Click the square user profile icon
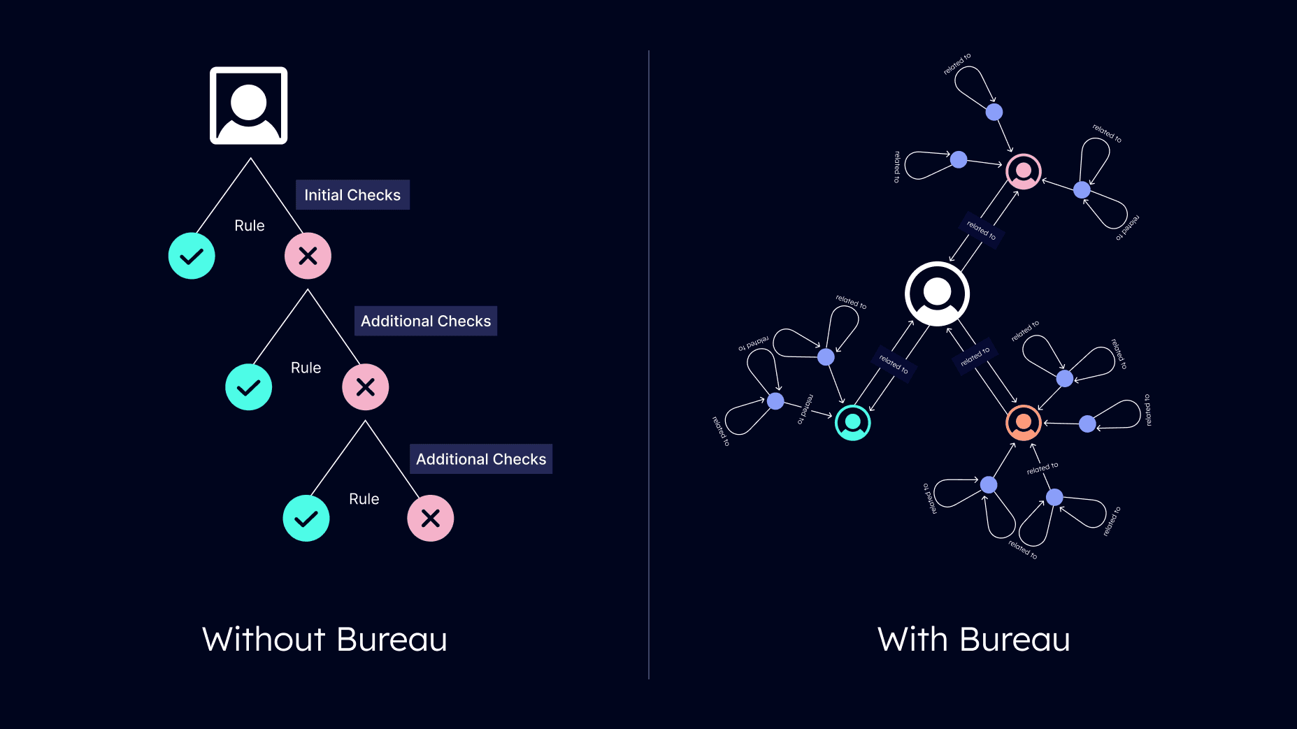coord(249,106)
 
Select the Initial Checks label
coord(352,195)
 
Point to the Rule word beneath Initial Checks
coord(250,226)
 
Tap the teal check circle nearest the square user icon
coord(192,256)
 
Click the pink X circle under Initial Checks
coord(308,256)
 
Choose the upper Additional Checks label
coord(426,321)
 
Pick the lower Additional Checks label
coord(481,459)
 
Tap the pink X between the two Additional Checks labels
coord(365,387)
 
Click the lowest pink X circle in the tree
coord(431,518)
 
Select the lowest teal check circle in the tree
coord(306,518)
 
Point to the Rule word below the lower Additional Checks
coord(364,499)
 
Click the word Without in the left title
coord(264,640)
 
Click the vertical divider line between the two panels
coord(649,364)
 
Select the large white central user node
coord(937,294)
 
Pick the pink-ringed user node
coord(1024,171)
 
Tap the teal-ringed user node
coord(853,422)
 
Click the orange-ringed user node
coord(1024,423)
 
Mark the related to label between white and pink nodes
coord(982,230)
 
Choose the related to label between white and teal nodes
coord(894,364)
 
